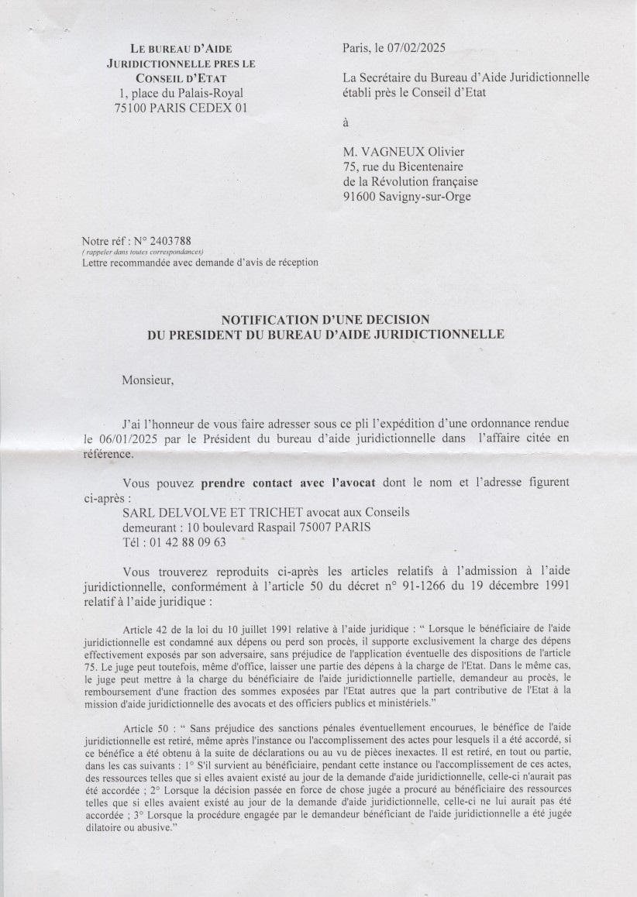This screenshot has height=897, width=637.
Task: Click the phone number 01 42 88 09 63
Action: pos(188,542)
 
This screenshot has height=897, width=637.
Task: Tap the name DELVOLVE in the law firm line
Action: pos(192,512)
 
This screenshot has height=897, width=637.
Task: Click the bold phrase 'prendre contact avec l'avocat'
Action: pos(288,482)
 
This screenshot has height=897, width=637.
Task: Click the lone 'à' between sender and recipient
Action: pos(346,122)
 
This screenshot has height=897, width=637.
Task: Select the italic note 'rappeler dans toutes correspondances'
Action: pos(143,253)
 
